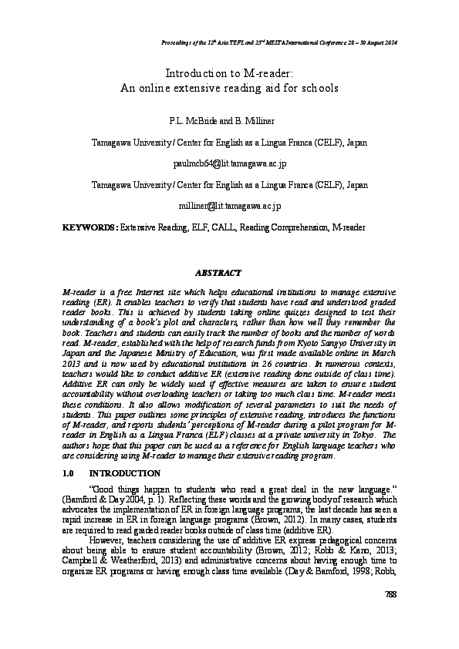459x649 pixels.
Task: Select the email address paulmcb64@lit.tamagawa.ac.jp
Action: (229, 164)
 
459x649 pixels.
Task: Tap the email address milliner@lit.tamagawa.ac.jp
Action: (229, 206)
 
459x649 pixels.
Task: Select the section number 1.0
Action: (68, 473)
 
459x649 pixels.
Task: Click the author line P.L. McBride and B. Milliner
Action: (229, 121)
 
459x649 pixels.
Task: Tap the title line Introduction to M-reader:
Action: (229, 73)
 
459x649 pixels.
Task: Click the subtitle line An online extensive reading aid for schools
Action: (229, 88)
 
